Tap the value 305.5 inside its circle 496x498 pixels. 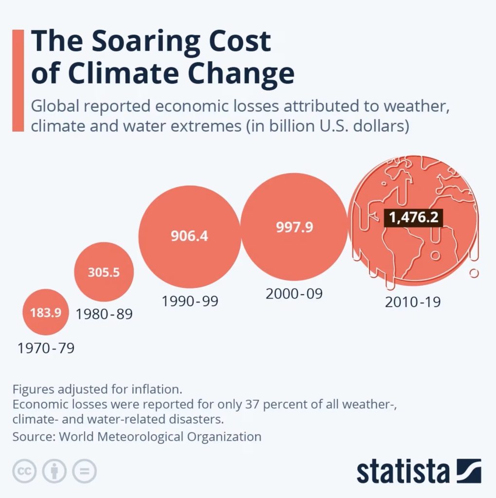(x=104, y=272)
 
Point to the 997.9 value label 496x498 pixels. (x=295, y=227)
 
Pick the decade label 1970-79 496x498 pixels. (x=46, y=348)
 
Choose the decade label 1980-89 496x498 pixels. (x=104, y=314)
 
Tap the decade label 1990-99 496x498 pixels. (x=190, y=301)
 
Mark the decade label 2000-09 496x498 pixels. (x=294, y=294)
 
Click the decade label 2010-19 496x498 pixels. (x=413, y=302)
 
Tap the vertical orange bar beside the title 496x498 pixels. (x=18, y=80)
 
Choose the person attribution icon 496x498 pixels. (x=54, y=471)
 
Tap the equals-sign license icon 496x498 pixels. (x=85, y=471)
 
